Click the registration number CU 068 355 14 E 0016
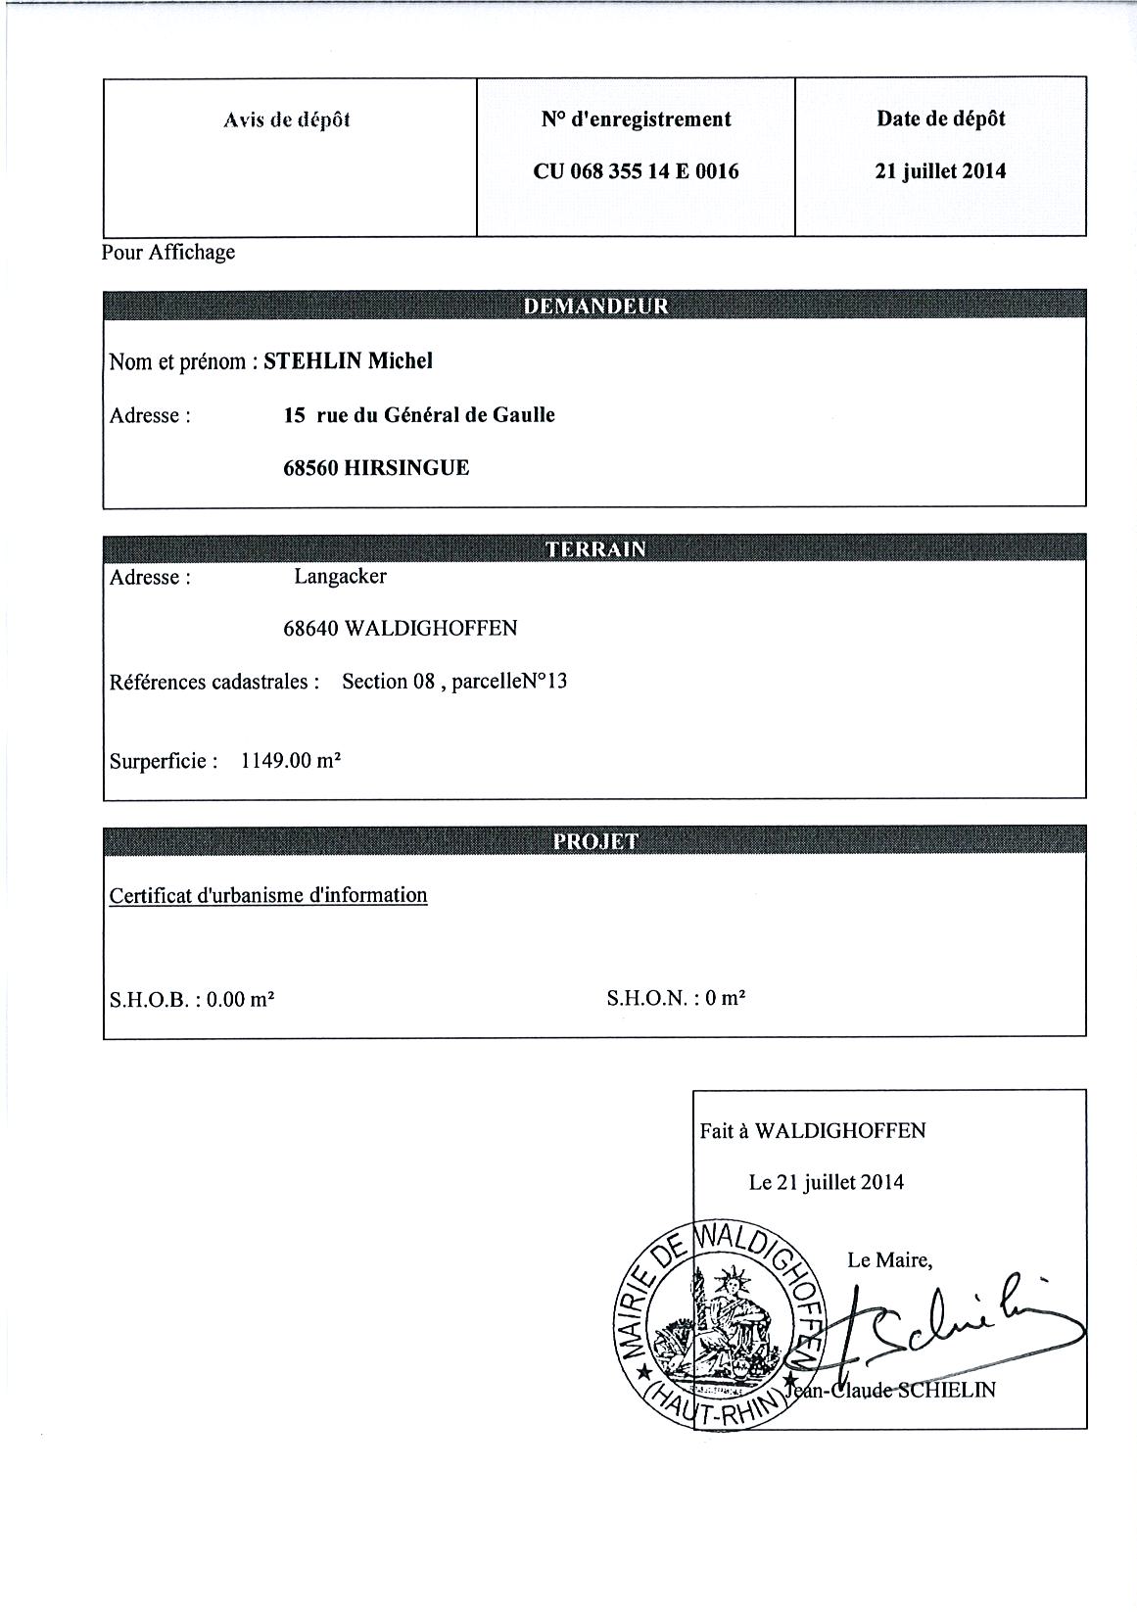point(636,171)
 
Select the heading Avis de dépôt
point(287,120)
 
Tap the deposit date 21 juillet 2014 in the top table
point(940,171)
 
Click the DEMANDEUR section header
point(595,306)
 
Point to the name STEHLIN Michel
point(349,361)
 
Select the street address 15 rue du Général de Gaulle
point(419,415)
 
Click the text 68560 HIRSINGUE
point(376,468)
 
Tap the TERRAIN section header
point(595,548)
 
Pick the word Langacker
point(340,577)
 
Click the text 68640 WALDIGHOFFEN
point(400,629)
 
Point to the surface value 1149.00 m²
point(291,761)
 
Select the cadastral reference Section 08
point(388,682)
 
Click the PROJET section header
point(595,841)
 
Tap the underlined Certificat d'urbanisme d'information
point(268,895)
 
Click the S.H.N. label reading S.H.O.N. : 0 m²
point(676,999)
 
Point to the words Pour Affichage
point(168,253)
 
